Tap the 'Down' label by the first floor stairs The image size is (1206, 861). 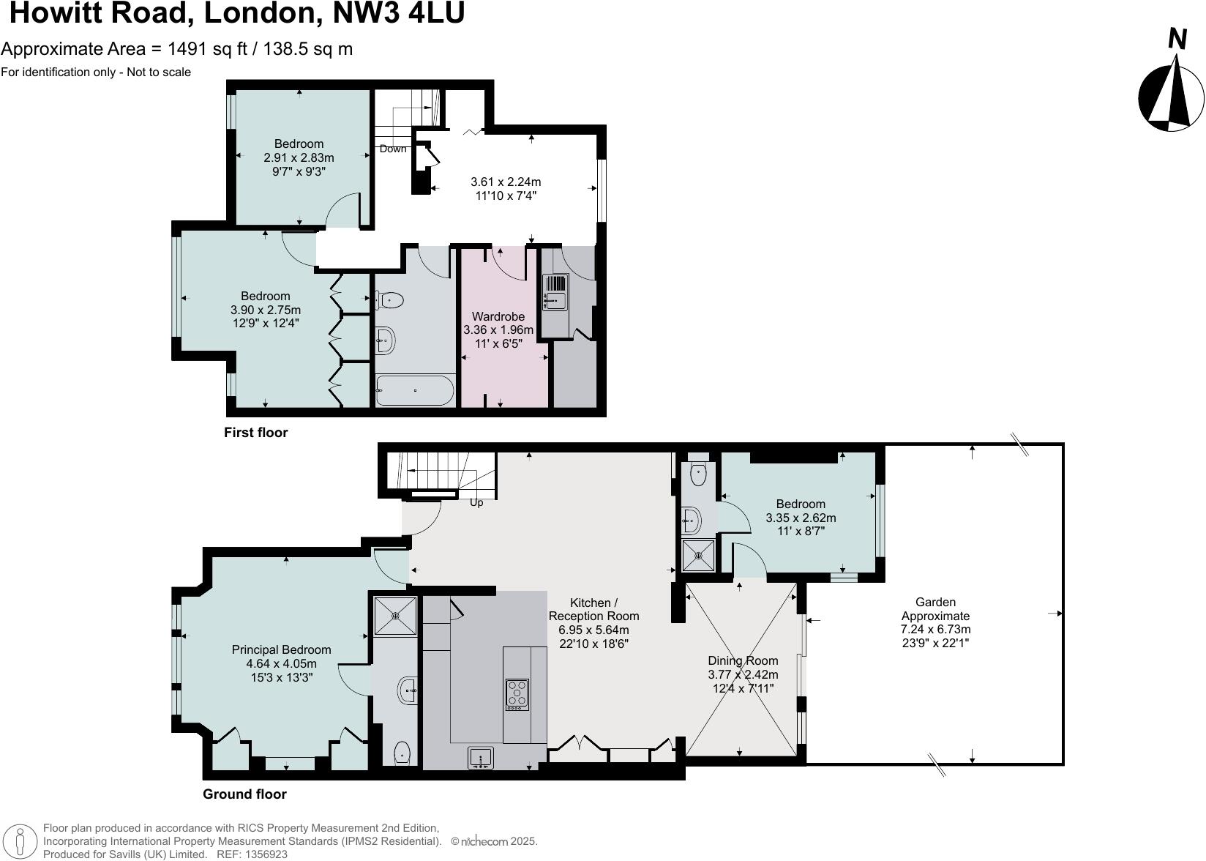[393, 149]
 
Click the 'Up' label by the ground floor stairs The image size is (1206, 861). [476, 502]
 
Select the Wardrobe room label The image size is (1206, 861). [498, 316]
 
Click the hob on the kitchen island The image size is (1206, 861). [517, 694]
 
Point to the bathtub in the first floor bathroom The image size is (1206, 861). [415, 390]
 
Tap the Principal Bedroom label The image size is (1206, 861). [281, 649]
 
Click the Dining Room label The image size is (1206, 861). [743, 660]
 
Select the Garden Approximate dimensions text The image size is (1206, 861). [935, 629]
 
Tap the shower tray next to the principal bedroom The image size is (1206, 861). [395, 615]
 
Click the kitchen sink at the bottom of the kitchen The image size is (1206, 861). [481, 758]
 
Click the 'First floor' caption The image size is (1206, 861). [255, 432]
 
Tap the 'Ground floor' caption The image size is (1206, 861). [244, 794]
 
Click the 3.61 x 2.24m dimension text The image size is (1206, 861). [506, 182]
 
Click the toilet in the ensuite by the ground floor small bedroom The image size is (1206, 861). [699, 472]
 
